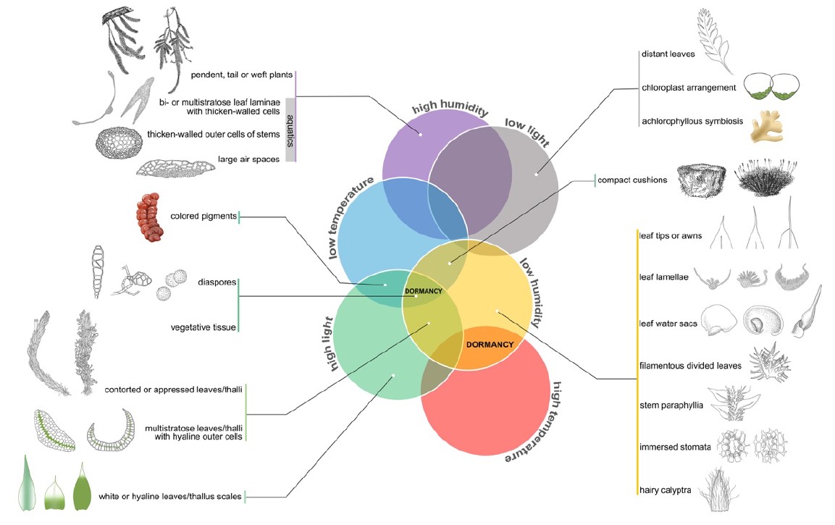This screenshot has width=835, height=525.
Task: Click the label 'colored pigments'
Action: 203,217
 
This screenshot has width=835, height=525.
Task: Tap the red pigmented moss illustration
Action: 148,217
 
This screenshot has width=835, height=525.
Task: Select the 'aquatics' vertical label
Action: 290,130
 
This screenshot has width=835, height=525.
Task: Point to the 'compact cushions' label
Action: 632,180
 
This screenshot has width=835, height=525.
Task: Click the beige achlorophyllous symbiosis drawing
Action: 767,127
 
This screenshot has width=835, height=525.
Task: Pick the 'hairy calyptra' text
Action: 665,490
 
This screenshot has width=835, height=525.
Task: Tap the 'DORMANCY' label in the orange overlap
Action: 490,345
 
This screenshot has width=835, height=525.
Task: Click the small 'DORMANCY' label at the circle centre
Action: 424,291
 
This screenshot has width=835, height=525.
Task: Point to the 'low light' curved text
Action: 527,132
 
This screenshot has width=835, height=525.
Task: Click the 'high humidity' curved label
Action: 450,108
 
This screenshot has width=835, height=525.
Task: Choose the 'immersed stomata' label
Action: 675,448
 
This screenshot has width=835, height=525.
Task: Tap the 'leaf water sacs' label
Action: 668,323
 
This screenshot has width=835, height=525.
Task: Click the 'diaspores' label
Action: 217,282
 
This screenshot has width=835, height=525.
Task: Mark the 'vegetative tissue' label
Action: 203,327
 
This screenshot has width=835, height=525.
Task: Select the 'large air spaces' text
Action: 248,159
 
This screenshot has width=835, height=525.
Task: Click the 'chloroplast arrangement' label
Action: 689,88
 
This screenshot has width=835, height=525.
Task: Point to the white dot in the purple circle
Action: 421,135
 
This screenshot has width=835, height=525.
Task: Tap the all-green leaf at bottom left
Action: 82,487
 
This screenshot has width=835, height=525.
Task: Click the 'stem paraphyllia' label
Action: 671,406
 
